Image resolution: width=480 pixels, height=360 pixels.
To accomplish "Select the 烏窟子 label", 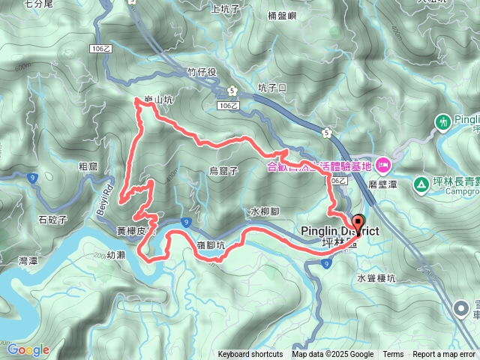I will (x=223, y=171).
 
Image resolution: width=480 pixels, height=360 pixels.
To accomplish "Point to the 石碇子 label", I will (x=52, y=220).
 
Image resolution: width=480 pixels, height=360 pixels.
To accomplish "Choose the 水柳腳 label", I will (x=265, y=212).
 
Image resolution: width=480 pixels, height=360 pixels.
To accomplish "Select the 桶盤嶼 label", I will (x=283, y=14).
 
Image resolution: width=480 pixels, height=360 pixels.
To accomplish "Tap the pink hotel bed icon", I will (x=383, y=163).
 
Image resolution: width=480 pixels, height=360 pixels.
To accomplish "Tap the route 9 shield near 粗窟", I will (x=31, y=178).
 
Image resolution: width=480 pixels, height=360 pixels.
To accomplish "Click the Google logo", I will (x=28, y=349).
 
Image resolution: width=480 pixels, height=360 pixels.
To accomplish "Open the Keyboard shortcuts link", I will (x=250, y=355).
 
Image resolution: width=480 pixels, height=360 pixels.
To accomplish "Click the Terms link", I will (x=393, y=355).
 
